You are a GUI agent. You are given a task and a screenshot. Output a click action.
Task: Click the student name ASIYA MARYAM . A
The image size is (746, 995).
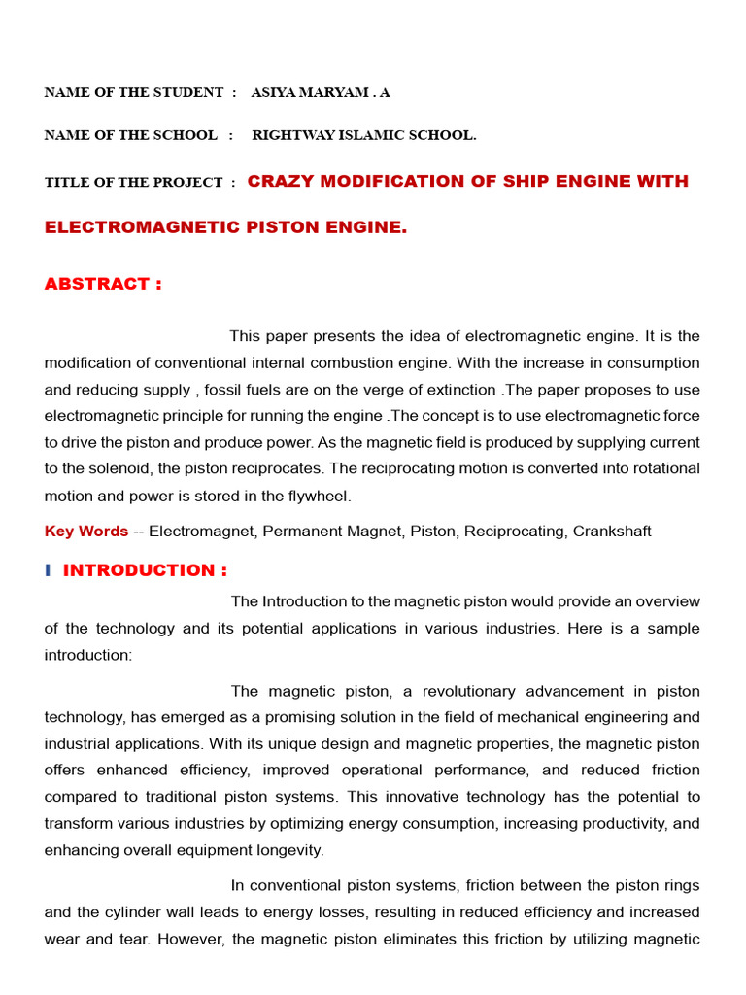click(x=321, y=93)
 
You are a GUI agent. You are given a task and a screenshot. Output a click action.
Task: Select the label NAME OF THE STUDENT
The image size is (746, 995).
click(x=134, y=93)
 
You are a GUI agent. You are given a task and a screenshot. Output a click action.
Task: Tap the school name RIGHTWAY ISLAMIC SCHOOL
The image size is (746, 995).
click(x=364, y=136)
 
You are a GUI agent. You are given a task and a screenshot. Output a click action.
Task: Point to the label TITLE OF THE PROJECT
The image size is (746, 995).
click(x=134, y=183)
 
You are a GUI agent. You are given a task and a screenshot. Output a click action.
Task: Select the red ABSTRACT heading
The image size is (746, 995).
click(x=103, y=284)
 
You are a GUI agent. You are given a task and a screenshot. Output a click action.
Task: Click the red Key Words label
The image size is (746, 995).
click(x=86, y=532)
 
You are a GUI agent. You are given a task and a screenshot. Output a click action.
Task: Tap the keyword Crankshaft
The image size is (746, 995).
click(x=612, y=532)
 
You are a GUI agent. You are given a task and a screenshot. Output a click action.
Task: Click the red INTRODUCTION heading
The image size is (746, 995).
click(x=145, y=570)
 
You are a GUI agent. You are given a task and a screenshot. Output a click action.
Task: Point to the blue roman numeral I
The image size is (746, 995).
click(x=48, y=570)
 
